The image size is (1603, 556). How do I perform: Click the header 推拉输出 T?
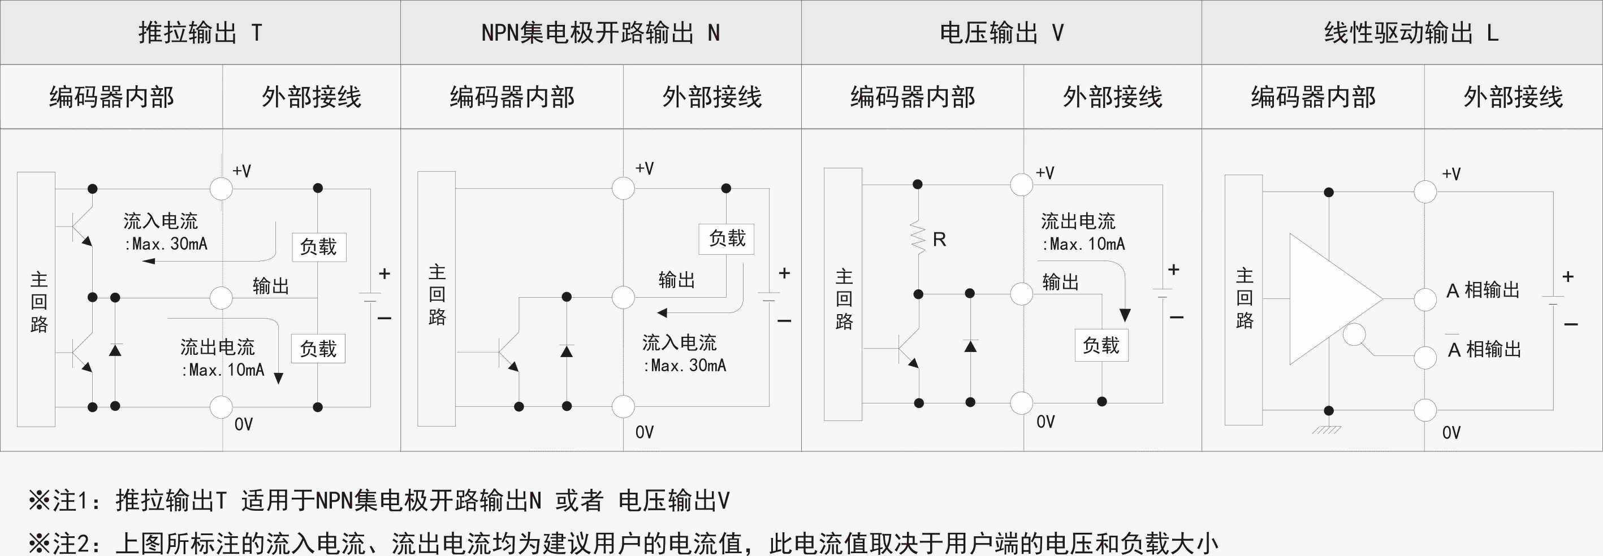[x=200, y=32]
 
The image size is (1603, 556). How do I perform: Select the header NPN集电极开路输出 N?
[x=600, y=32]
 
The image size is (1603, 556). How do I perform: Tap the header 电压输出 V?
[x=1001, y=32]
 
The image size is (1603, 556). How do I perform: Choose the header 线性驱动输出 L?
[x=1410, y=32]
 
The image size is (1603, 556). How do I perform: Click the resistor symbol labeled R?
[x=918, y=237]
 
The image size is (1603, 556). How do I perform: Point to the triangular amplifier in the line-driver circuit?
[x=1329, y=298]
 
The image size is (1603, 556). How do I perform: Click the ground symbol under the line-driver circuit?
[x=1327, y=429]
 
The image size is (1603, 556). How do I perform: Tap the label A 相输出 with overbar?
[x=1484, y=349]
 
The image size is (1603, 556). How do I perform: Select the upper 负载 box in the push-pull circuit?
[x=318, y=247]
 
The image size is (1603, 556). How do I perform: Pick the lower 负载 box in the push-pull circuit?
[x=318, y=348]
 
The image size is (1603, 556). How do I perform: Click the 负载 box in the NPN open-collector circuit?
[x=726, y=238]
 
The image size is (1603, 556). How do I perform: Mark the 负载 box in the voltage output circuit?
[x=1101, y=345]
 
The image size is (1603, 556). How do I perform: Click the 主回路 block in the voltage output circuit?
[x=843, y=294]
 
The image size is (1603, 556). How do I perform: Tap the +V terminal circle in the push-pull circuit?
[x=221, y=188]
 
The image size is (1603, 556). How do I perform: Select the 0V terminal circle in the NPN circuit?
[x=623, y=406]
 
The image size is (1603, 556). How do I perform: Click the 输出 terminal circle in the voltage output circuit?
[x=1021, y=294]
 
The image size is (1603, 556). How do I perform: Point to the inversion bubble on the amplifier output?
[x=1354, y=335]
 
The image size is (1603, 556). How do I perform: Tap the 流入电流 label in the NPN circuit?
[x=679, y=342]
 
